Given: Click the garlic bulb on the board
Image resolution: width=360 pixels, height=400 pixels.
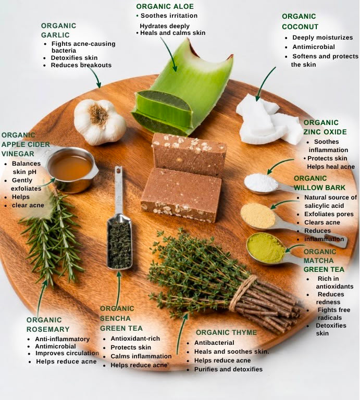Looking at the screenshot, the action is point(100,122).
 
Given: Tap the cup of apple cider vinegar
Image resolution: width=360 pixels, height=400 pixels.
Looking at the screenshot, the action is point(71,170).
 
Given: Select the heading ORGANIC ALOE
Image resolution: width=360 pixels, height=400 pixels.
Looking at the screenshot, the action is point(165,6).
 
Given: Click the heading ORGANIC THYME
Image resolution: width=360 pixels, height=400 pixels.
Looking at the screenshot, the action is point(226,332).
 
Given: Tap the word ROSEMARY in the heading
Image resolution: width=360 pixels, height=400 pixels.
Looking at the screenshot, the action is point(48,329).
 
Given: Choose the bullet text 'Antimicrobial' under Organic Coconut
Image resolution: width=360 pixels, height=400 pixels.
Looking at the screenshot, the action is point(314,47).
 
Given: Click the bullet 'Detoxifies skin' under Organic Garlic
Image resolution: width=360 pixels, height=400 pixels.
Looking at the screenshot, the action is point(74,58).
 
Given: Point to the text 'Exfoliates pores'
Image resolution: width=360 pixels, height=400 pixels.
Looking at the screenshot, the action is point(329,214).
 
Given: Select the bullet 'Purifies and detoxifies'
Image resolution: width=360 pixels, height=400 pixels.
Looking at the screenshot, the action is point(228,369).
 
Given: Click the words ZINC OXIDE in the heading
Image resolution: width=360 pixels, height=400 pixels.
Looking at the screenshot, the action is point(325,132).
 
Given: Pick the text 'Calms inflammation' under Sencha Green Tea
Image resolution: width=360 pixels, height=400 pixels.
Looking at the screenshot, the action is point(141,356).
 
